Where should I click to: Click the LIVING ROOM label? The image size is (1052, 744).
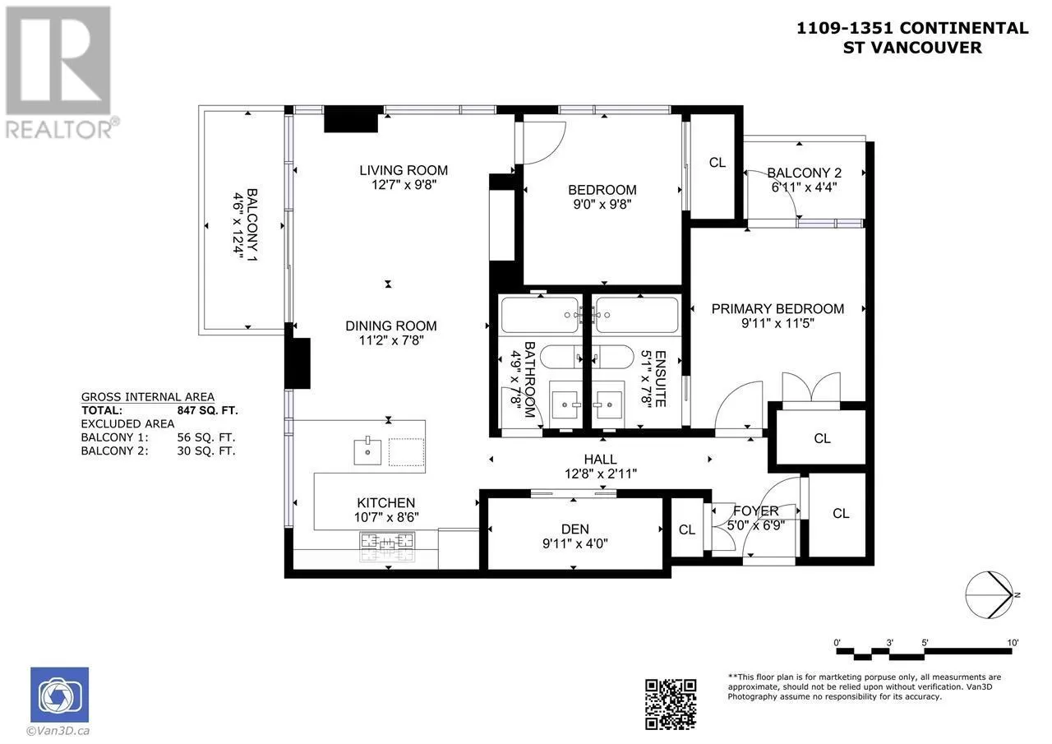click(404, 170)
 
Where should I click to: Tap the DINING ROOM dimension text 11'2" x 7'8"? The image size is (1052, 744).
click(391, 340)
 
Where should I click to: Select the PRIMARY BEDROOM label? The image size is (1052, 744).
click(777, 308)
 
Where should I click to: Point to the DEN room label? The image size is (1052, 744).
click(574, 529)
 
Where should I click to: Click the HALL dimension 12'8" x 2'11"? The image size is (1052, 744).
click(601, 474)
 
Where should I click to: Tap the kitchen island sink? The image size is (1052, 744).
click(367, 451)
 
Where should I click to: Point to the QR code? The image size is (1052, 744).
click(670, 705)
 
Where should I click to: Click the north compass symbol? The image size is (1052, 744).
click(989, 594)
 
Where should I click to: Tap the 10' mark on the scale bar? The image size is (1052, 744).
click(1013, 643)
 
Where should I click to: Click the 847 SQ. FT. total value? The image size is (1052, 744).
click(207, 410)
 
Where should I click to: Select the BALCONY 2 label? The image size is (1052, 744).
click(804, 173)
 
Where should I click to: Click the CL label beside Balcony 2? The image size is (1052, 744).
click(717, 163)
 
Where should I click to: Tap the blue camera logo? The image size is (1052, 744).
click(60, 695)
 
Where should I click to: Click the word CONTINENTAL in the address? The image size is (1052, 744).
click(964, 28)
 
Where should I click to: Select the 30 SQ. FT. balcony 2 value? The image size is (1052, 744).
click(205, 451)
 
